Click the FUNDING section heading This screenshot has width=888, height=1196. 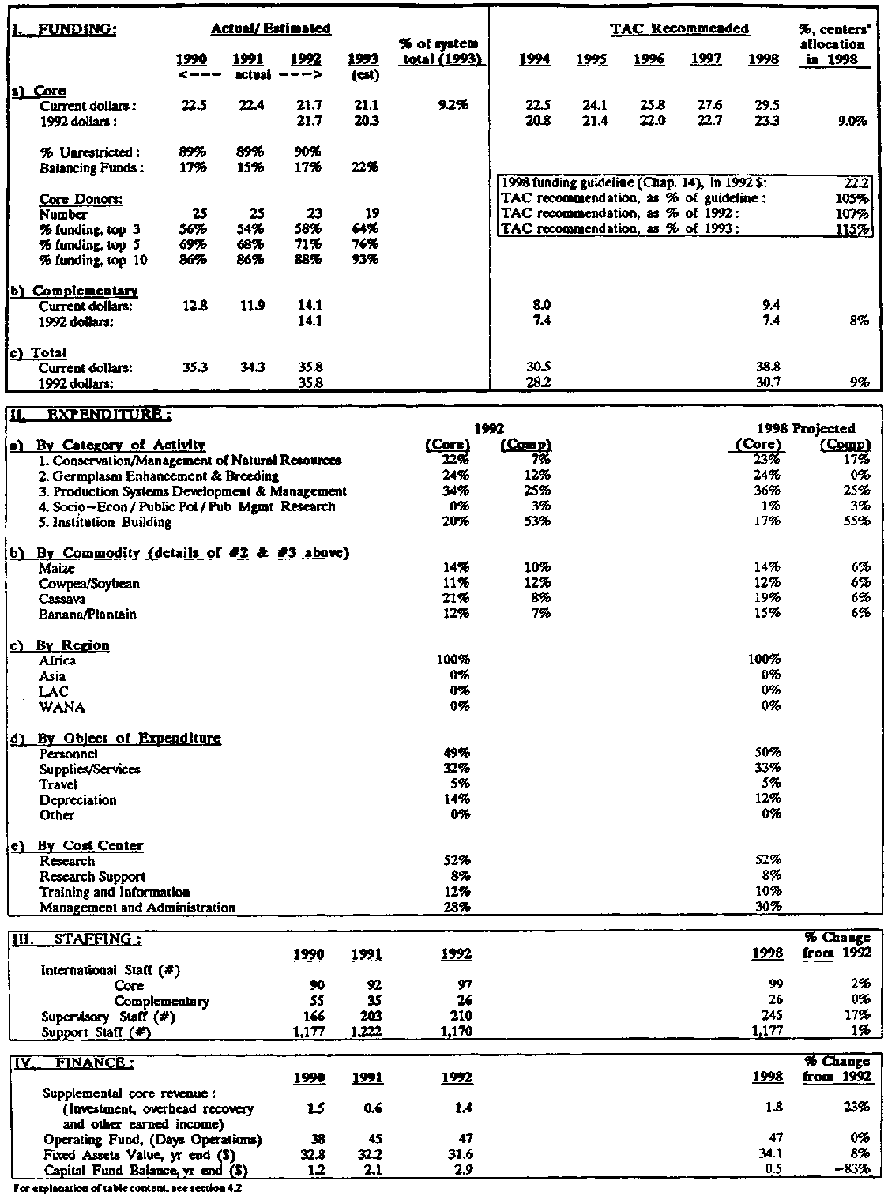point(66,29)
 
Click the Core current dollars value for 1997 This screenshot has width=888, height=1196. point(706,106)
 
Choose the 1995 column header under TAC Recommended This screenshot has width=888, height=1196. point(591,60)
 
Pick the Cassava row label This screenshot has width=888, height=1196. point(62,599)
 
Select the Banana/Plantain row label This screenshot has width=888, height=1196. point(88,614)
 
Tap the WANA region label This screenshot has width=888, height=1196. point(62,706)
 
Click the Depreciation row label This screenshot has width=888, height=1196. point(77,799)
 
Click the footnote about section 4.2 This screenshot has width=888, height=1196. point(122,1187)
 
